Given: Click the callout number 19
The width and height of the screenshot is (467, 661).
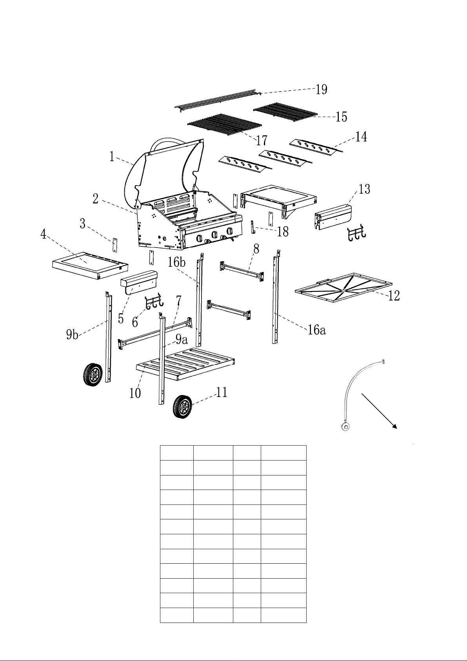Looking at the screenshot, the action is (321, 89).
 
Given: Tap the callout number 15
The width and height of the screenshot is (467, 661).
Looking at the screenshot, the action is (341, 117).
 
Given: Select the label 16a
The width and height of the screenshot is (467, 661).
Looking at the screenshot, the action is (316, 330).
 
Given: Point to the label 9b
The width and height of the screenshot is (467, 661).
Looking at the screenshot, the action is (72, 335).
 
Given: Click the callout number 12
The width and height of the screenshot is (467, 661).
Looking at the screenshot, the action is (394, 296).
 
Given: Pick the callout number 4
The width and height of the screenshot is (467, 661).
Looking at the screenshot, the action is (44, 234).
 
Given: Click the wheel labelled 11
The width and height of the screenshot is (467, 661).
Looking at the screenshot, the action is (182, 407).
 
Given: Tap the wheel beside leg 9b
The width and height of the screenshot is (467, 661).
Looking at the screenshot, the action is (93, 375).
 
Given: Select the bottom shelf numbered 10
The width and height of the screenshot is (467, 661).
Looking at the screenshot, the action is (185, 364).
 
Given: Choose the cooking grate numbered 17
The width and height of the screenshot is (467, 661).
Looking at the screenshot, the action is (225, 124).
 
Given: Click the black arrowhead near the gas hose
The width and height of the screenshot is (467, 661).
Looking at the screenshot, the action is (394, 426).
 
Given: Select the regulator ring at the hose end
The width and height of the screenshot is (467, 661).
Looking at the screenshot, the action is (345, 426).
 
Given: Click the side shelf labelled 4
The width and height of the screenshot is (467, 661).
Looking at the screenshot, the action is (90, 266).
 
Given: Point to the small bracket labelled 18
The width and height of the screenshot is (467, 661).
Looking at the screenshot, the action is (253, 227).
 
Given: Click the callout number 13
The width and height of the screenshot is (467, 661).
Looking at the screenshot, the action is (364, 189).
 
